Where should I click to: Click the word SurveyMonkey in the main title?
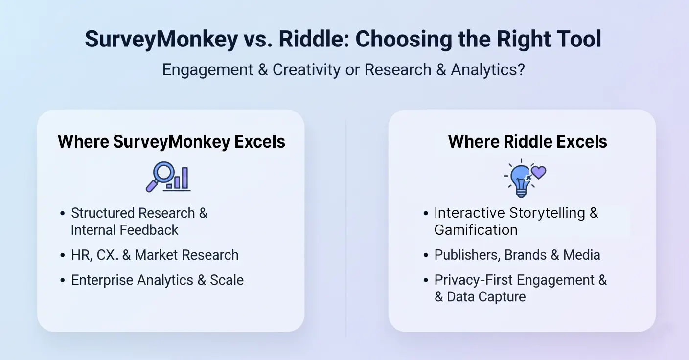coord(161,39)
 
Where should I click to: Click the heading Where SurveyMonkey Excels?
coord(171,142)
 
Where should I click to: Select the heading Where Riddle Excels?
coord(528,142)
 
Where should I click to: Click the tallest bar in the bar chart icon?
coord(185,178)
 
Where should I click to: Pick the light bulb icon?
coord(520,179)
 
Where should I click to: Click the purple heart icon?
coord(538,172)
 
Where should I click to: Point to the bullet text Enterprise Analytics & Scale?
coord(157,280)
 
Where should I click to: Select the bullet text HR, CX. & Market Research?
coord(155,255)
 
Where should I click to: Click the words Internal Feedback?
coord(124,230)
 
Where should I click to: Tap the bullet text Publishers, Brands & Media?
coord(517,255)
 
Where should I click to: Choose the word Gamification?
coord(476,230)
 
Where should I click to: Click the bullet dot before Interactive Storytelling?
coord(426,214)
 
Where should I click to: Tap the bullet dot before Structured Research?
coord(62,214)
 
